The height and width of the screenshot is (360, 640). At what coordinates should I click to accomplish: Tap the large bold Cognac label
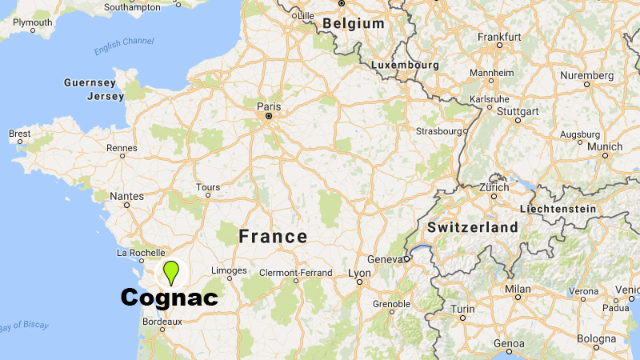pyautogui.click(x=169, y=298)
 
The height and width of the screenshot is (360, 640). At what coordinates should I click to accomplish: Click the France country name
pyautogui.click(x=273, y=236)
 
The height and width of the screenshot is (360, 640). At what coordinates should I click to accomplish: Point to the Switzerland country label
pyautogui.click(x=473, y=227)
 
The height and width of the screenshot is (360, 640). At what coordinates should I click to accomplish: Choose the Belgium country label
pyautogui.click(x=354, y=24)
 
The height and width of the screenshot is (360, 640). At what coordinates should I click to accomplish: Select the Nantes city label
pyautogui.click(x=127, y=195)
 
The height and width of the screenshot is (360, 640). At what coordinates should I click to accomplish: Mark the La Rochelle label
pyautogui.click(x=140, y=253)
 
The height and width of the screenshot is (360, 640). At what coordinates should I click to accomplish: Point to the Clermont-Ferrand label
pyautogui.click(x=295, y=273)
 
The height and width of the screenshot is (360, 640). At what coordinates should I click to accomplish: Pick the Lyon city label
pyautogui.click(x=360, y=273)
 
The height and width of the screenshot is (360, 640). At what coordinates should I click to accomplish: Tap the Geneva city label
pyautogui.click(x=383, y=259)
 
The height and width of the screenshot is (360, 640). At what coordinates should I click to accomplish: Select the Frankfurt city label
pyautogui.click(x=499, y=36)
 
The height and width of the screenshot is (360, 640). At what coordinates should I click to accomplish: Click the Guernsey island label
pyautogui.click(x=90, y=82)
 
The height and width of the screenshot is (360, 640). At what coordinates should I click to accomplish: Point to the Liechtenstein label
pyautogui.click(x=558, y=209)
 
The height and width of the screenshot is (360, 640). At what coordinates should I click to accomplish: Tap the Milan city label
pyautogui.click(x=518, y=288)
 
